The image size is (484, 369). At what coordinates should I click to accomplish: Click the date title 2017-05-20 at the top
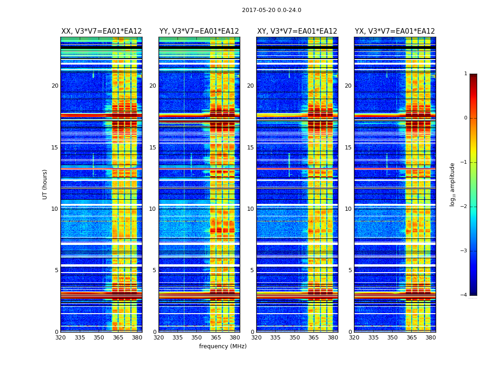(272, 10)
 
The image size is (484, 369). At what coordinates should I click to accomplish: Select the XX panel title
(101, 31)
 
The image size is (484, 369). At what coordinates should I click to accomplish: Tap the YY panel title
(199, 31)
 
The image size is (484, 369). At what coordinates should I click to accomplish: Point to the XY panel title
(297, 31)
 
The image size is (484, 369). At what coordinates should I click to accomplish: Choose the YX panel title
(395, 31)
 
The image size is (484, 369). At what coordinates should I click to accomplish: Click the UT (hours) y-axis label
(45, 184)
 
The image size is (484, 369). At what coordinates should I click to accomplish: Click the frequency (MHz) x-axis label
(223, 346)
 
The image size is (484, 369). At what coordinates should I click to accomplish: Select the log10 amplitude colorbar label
(453, 184)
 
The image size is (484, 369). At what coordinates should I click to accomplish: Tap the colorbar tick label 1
(465, 74)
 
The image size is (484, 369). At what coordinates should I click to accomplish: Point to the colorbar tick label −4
(464, 295)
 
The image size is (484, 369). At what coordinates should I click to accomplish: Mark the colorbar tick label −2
(464, 207)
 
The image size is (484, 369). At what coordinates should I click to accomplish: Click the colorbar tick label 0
(465, 118)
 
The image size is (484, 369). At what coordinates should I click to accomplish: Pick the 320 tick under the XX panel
(60, 338)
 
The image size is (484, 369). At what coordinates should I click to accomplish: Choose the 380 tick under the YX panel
(431, 338)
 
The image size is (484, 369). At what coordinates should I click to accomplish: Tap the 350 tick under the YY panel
(197, 338)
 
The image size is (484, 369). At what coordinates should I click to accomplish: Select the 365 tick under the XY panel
(313, 338)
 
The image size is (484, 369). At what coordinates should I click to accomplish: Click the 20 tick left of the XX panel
(55, 86)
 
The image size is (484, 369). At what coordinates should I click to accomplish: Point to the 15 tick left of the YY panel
(153, 147)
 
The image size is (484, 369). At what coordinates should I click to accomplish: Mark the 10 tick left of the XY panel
(250, 209)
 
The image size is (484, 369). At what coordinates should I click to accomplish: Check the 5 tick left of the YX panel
(350, 270)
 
